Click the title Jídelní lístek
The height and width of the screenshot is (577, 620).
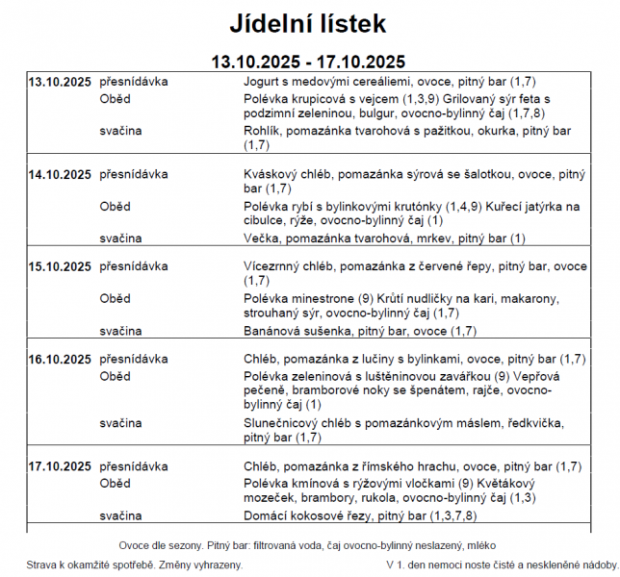(x=308, y=22)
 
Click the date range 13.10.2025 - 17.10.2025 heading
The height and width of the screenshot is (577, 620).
(x=308, y=61)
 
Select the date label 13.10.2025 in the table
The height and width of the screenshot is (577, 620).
(x=60, y=82)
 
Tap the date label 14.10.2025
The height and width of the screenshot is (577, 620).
(x=60, y=175)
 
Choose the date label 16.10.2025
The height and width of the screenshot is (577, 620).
(x=60, y=360)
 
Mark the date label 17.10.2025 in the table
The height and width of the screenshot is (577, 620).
(x=60, y=466)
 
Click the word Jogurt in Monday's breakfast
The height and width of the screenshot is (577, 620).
(x=264, y=82)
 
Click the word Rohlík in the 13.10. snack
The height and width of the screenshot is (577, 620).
(x=263, y=130)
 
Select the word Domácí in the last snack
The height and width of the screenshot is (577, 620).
(x=269, y=515)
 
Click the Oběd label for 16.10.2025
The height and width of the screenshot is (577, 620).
(x=116, y=376)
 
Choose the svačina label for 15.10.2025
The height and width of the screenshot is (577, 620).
(x=121, y=331)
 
